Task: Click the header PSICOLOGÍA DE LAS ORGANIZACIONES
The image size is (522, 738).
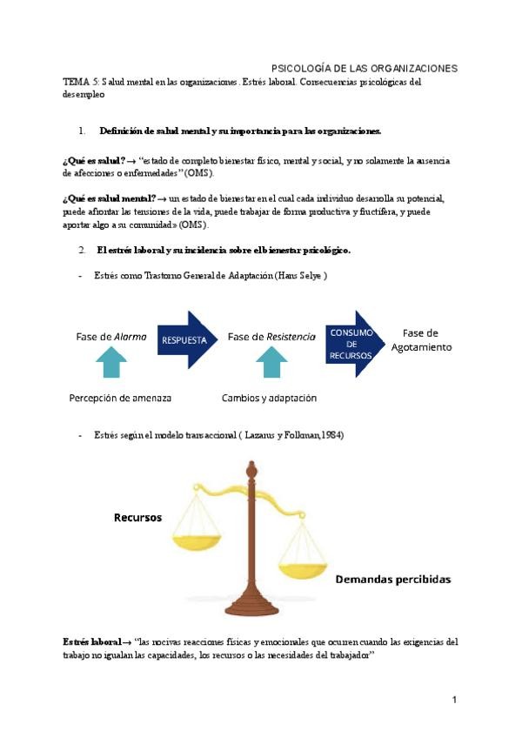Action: (x=365, y=68)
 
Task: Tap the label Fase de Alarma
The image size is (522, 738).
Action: (x=111, y=336)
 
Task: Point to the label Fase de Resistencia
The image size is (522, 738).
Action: (x=271, y=336)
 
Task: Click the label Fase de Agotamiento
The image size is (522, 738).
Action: (x=421, y=339)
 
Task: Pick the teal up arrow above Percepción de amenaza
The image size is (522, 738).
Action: (x=111, y=362)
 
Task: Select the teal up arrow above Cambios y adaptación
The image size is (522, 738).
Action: (x=271, y=362)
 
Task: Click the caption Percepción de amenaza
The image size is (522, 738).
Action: (x=120, y=398)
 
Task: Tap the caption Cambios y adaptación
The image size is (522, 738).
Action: (x=269, y=398)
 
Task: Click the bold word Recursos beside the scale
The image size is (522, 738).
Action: (x=137, y=517)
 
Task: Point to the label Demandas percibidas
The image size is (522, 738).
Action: (x=393, y=578)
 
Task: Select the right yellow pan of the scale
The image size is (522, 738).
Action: (x=303, y=564)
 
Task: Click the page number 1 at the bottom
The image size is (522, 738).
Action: (x=454, y=699)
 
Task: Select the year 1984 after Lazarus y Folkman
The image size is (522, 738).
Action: (x=332, y=434)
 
